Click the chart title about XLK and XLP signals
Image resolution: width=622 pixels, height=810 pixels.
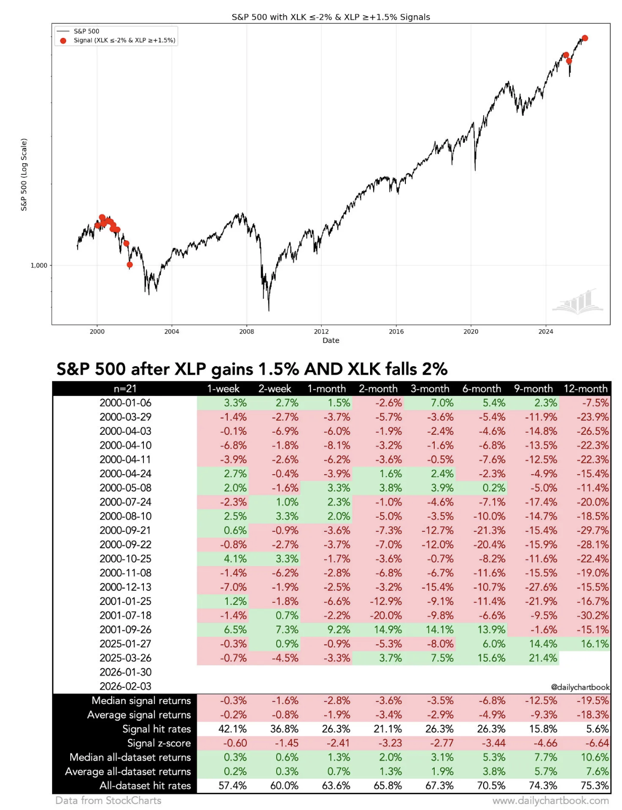(331, 17)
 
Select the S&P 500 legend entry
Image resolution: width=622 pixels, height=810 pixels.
(86, 31)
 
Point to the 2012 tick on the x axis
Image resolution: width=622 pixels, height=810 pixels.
(321, 331)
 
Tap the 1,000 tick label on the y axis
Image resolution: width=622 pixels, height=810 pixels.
(39, 266)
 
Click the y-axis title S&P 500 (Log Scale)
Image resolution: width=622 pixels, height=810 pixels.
(24, 175)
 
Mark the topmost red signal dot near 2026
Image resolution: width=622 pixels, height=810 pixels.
(585, 38)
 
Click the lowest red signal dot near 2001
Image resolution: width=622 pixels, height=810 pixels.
(130, 265)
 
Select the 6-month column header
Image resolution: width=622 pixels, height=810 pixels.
(482, 389)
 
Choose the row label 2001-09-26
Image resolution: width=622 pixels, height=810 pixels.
(125, 630)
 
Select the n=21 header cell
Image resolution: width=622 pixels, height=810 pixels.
(125, 389)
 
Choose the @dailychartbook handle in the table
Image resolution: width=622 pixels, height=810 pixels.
(580, 687)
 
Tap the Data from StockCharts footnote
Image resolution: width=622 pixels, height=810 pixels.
(109, 801)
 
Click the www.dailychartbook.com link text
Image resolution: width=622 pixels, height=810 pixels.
(551, 801)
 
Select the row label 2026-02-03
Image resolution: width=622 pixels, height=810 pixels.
(125, 686)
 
